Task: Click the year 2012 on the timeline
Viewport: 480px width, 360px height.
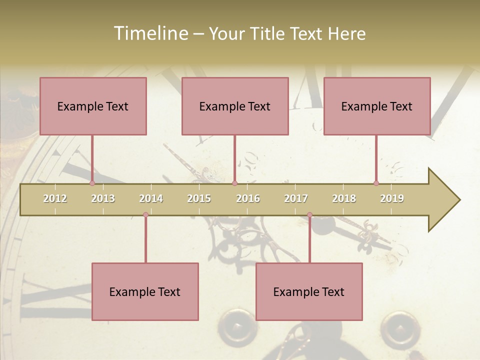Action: [55, 198]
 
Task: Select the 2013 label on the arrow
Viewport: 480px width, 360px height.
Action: [103, 198]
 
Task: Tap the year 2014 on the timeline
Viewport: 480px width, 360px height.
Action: [151, 198]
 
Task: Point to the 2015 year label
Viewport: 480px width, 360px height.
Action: [199, 198]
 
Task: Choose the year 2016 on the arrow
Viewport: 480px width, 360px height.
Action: [248, 198]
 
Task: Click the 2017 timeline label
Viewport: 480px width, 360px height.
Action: [296, 198]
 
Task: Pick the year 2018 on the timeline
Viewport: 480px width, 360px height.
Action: [344, 198]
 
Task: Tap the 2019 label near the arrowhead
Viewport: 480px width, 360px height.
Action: [392, 198]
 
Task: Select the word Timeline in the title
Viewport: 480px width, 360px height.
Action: [150, 33]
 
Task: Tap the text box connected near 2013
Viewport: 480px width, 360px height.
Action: [93, 106]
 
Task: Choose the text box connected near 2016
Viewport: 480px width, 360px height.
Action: [235, 106]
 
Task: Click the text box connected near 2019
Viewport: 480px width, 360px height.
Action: [377, 106]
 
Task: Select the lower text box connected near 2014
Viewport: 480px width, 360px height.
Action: [145, 291]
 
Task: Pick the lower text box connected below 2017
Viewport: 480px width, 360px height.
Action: [309, 291]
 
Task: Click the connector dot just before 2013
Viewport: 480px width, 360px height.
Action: [92, 183]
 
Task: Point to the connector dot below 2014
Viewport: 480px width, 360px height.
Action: [145, 215]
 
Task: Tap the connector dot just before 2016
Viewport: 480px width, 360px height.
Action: [234, 183]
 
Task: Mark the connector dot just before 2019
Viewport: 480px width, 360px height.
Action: [376, 183]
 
